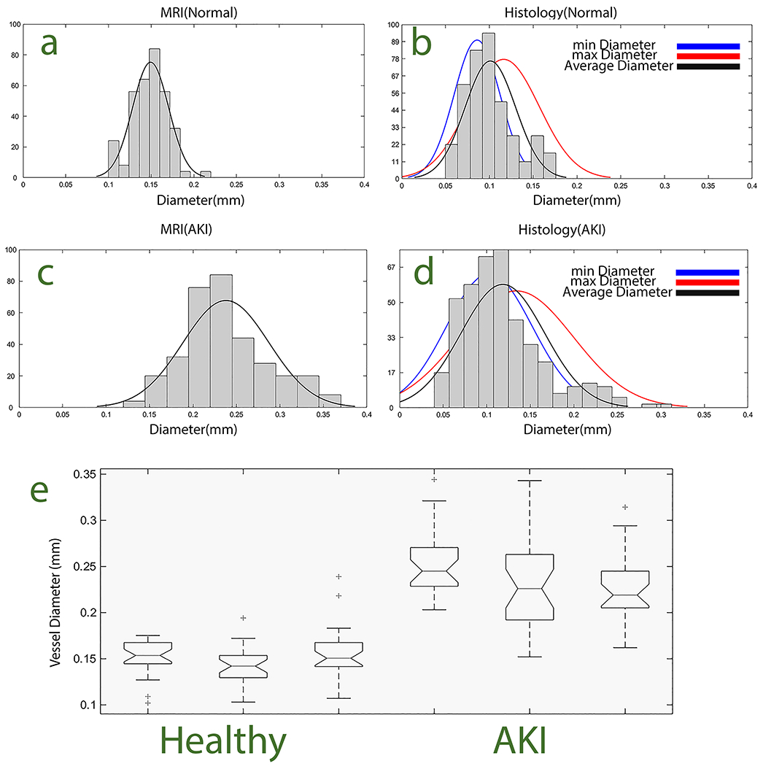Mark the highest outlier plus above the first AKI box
[434, 479]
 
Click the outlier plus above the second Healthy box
[243, 618]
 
